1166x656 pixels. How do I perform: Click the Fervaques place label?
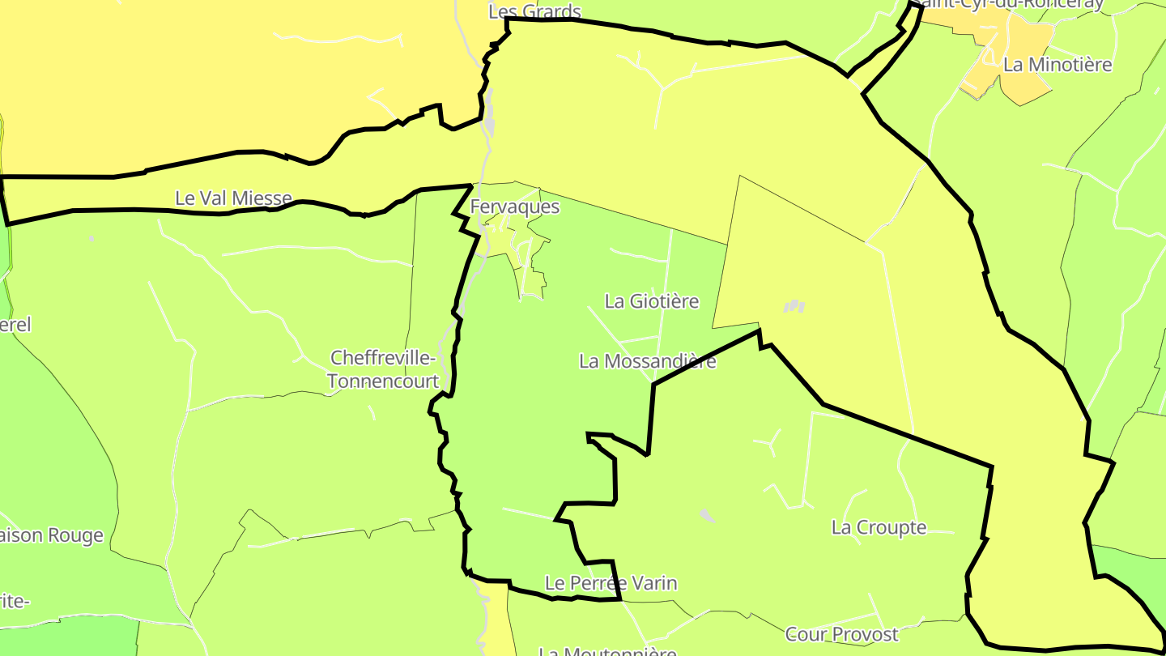pos(515,207)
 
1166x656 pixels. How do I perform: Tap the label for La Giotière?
pos(652,301)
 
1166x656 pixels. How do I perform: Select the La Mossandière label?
pos(648,361)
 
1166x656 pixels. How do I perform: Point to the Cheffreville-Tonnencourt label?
pos(383,369)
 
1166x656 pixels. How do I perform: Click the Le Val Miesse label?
pos(233,198)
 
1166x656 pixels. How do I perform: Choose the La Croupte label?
pos(879,527)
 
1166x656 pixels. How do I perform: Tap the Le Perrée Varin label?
pos(611,583)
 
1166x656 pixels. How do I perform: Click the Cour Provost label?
pos(841,634)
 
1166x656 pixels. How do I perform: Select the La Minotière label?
pos(1057,65)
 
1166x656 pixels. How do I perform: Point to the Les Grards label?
pos(535,11)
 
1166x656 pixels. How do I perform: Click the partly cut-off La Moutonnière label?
pos(607,650)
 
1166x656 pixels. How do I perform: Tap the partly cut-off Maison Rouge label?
pos(52,535)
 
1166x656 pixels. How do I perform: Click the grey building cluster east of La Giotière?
pos(794,306)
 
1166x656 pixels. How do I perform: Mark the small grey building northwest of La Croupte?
pos(707,515)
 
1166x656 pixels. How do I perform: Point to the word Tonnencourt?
pos(383,381)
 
